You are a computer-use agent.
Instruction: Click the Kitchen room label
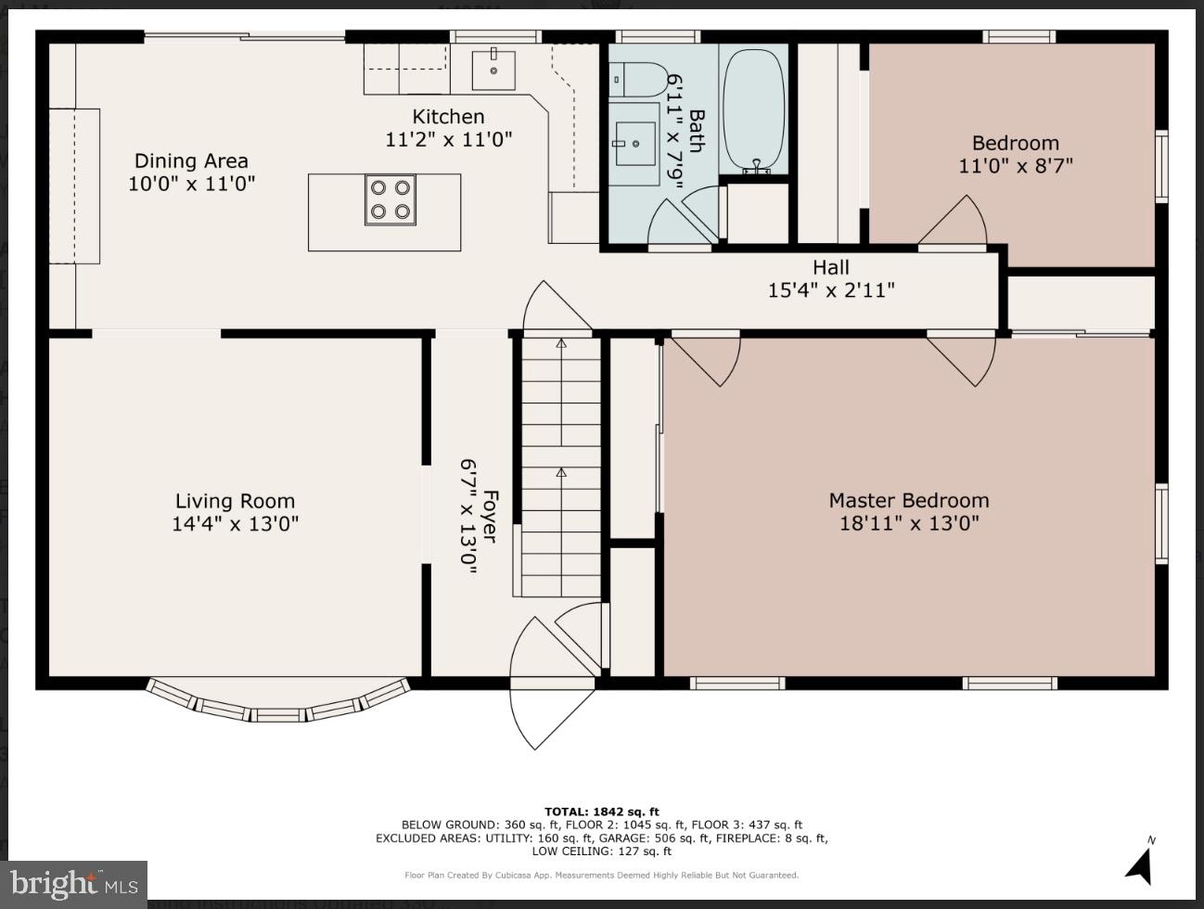coord(448,117)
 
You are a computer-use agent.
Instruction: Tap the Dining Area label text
coord(191,161)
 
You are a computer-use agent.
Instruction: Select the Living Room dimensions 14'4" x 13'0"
coord(235,524)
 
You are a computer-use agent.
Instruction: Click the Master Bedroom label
coord(908,501)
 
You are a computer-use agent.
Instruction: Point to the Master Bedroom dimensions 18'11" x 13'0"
coord(908,523)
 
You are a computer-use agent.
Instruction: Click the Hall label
coord(831,268)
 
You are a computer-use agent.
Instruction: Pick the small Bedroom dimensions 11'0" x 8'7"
coord(1015,166)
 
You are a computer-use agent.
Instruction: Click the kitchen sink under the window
coord(493,68)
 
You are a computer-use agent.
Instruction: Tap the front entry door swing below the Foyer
coord(547,714)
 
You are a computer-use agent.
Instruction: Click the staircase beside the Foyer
coord(560,464)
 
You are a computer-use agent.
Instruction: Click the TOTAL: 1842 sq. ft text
coord(601,812)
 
